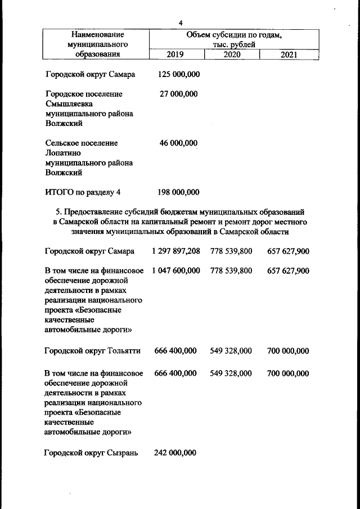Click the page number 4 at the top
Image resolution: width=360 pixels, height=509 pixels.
[x=181, y=22]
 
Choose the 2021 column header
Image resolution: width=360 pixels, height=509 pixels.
[x=289, y=55]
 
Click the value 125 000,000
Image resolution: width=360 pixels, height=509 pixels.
[x=179, y=74]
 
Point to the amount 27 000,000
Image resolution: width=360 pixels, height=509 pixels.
[x=179, y=94]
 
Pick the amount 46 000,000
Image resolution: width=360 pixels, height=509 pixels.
[x=179, y=143]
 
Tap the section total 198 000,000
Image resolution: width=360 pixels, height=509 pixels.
[x=179, y=192]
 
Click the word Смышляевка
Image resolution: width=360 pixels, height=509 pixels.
[x=69, y=104]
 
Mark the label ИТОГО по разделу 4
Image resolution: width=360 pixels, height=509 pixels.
[x=83, y=192]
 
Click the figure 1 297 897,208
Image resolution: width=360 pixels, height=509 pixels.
[x=175, y=251]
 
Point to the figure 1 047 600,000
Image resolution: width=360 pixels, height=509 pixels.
[x=175, y=271]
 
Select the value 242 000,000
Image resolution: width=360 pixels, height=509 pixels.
[x=175, y=453]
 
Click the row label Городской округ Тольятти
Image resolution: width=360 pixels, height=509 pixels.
[x=92, y=351]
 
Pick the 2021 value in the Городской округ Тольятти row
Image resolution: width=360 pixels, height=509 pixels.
[x=288, y=351]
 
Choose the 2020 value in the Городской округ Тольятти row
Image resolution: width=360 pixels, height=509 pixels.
[x=231, y=351]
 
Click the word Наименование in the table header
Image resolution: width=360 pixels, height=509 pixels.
[x=94, y=35]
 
